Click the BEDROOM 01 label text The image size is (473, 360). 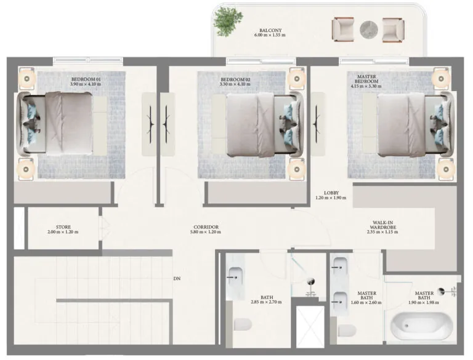point(85,79)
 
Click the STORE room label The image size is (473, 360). point(63,227)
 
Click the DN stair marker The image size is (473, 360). point(177,279)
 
